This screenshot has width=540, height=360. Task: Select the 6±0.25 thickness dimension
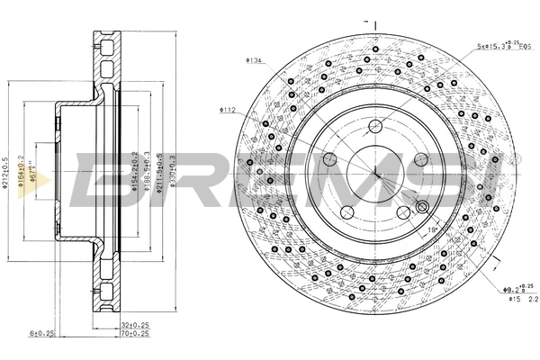coord(42,333)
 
